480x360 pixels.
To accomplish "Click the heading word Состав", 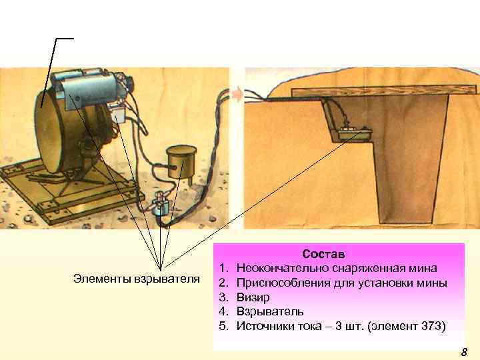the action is pos(323,255).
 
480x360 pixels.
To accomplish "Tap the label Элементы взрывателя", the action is pos(137,278).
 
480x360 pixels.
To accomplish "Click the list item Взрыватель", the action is pos(270,311).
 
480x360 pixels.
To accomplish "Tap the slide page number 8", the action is pos(464,352).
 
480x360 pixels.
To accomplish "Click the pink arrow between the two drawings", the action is pos(237,95).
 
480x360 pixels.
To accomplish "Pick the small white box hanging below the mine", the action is pos(119,114).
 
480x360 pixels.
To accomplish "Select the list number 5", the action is pos(223,326).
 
